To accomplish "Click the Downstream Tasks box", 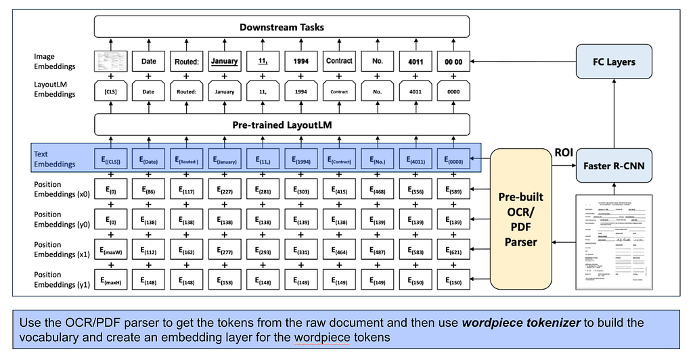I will (x=281, y=27).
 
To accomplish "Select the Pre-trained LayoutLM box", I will (x=281, y=125).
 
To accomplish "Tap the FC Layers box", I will (x=613, y=62).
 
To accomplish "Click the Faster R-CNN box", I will (x=613, y=166).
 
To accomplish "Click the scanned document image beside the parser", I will (x=614, y=242).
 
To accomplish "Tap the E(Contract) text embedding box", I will (x=339, y=160).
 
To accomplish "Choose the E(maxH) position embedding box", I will (x=110, y=280).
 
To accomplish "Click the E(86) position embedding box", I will (x=148, y=191).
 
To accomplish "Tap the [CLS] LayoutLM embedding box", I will (x=110, y=91).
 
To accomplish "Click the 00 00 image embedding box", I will (x=453, y=61).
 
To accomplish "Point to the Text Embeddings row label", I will (x=55, y=159).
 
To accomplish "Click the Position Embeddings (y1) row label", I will (x=57, y=279).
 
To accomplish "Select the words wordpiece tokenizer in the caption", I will (x=520, y=323).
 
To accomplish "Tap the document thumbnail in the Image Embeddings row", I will (x=110, y=61).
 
